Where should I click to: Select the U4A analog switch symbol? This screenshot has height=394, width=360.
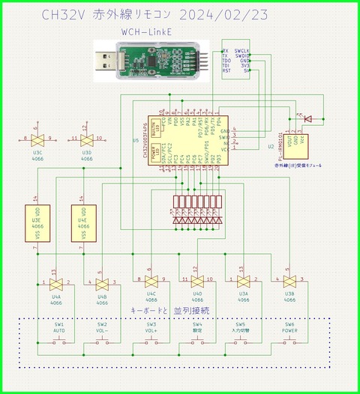click(55, 284)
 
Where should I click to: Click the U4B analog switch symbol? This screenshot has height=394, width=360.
click(101, 284)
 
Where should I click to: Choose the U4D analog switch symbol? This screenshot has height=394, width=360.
click(196, 284)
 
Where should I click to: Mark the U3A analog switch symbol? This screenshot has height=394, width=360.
click(243, 284)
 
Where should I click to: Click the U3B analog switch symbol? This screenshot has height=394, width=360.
click(289, 284)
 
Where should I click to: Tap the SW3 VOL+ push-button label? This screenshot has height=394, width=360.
click(151, 329)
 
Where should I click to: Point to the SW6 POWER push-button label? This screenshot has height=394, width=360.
click(289, 329)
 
